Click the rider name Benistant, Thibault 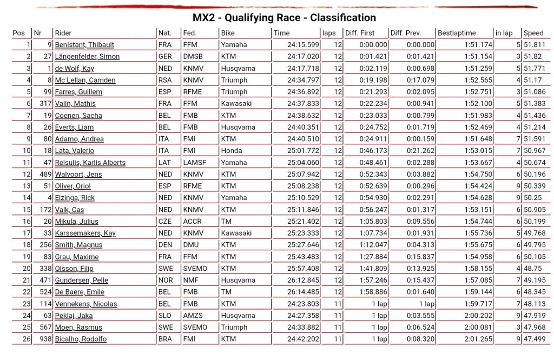tap(84, 45)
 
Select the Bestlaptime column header tap(457, 33)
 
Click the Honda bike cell tap(231, 151)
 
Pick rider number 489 tap(45, 175)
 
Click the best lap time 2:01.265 tap(478, 339)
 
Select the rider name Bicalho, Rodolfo tap(81, 339)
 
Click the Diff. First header tap(360, 33)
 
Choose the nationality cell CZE tap(165, 222)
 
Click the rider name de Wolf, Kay tap(75, 69)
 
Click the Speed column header tap(533, 33)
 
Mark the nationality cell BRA tap(165, 339)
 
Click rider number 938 tap(45, 339)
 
